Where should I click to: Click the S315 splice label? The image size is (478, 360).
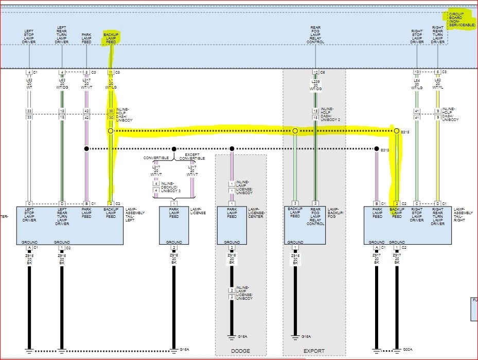pos(405,132)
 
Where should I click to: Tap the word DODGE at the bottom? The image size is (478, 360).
pos(240,351)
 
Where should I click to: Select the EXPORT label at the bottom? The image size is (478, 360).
pos(314,351)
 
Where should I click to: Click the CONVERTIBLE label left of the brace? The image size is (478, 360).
pos(156,158)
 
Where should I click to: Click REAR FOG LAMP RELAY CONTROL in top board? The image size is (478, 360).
pos(316,35)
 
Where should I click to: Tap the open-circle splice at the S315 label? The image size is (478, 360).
pos(396,131)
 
